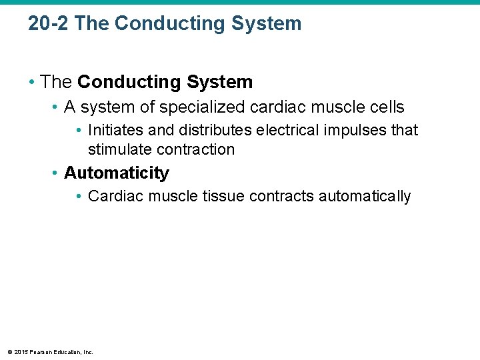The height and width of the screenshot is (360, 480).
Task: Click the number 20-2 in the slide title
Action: (49, 24)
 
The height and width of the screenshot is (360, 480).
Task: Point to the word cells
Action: (385, 107)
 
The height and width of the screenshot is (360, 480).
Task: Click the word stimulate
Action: (119, 149)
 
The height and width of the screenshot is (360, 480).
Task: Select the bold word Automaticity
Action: (117, 173)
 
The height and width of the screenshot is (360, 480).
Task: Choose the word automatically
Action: (365, 196)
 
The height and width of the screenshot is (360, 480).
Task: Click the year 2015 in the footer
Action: (19, 352)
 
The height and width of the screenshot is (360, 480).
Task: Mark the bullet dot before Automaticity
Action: (55, 173)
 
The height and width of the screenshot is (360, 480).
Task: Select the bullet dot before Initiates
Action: (79, 129)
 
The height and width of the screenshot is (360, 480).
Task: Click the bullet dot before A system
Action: (55, 107)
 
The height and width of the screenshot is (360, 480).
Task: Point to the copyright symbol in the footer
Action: (9, 352)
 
